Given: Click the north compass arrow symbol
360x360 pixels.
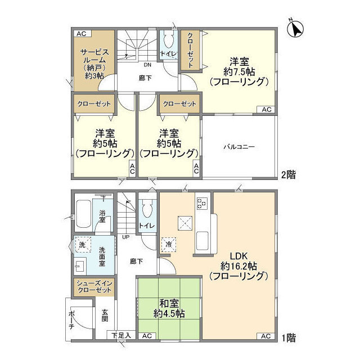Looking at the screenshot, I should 295,28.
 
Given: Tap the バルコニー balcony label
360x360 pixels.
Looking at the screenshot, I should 239,147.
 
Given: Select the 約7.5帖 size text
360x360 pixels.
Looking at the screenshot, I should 239,71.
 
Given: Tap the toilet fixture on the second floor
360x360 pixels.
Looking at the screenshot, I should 169,40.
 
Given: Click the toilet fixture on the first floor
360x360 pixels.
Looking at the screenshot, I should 147,209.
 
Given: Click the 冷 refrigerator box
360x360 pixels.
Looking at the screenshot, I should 168,244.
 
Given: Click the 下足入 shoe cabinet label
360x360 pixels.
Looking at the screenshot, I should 120,336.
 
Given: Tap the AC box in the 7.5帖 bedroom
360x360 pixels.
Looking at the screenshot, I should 266,109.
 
